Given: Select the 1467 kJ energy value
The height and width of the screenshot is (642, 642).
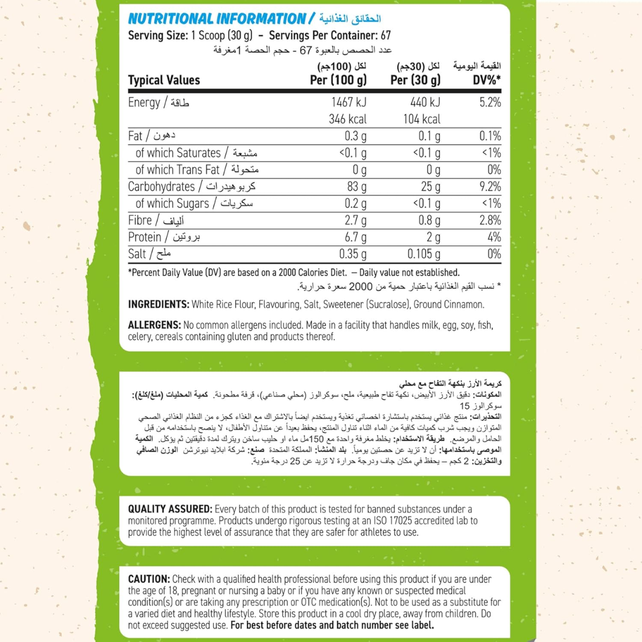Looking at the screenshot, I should (347, 102).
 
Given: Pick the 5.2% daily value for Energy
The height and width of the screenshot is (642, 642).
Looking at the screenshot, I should (490, 102).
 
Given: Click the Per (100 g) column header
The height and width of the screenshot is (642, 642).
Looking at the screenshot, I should (339, 80).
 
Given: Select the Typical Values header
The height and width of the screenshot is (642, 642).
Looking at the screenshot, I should (164, 80).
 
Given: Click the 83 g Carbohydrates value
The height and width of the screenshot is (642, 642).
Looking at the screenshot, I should (356, 187).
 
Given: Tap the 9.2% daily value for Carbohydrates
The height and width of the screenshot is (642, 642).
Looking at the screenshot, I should (490, 187).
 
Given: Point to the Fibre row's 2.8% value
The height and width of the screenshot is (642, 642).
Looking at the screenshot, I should (490, 221).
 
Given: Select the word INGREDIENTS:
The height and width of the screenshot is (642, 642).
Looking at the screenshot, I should (159, 304).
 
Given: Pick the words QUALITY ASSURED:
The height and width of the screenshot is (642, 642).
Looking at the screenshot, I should (170, 509).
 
